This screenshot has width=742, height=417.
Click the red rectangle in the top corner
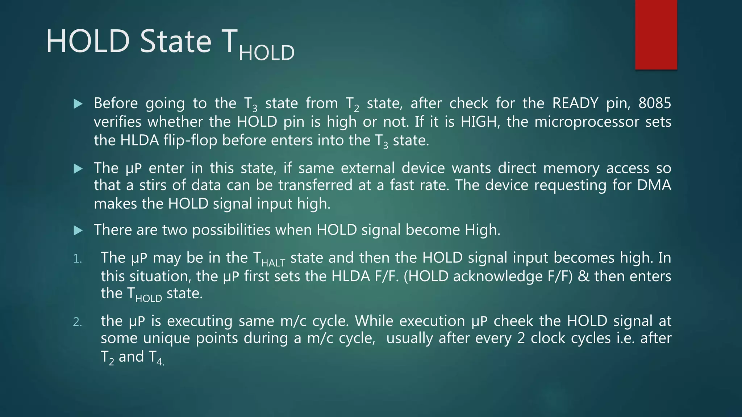click(656, 35)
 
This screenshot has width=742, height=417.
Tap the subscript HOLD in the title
click(267, 53)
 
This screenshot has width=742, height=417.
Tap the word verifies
click(117, 122)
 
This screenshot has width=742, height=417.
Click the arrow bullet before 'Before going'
click(78, 104)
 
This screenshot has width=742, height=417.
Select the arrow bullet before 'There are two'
click(78, 231)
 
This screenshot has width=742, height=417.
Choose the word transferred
click(315, 185)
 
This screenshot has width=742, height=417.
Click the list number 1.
click(77, 259)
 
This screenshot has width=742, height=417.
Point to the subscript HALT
click(273, 262)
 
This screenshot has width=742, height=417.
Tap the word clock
click(549, 338)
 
